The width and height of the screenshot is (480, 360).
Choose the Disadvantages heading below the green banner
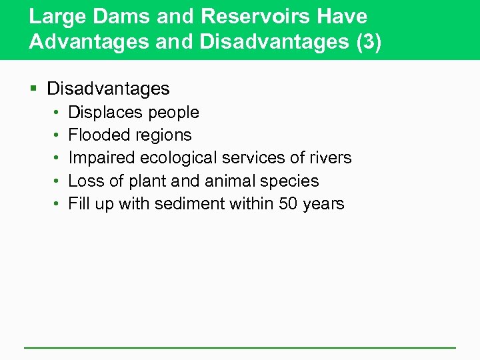coord(108,88)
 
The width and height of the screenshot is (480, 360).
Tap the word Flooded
coord(97,135)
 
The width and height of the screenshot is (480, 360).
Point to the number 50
coord(288,203)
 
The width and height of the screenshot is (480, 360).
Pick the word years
coord(323,204)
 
